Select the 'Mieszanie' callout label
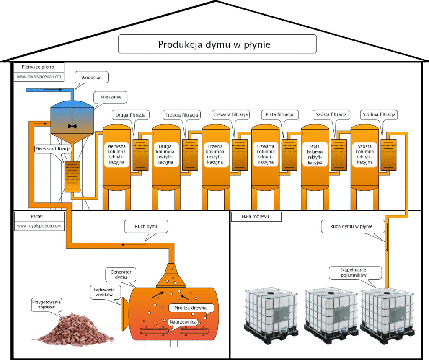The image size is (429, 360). pyautogui.click(x=111, y=97)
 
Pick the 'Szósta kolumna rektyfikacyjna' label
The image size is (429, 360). pyautogui.click(x=364, y=154)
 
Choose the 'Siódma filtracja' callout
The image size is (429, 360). pyautogui.click(x=378, y=114)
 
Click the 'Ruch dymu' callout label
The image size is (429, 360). pyautogui.click(x=146, y=227)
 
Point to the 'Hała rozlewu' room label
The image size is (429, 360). pyautogui.click(x=256, y=217)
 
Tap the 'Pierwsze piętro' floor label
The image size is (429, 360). pyautogui.click(x=39, y=67)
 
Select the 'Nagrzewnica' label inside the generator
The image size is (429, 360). pyautogui.click(x=184, y=322)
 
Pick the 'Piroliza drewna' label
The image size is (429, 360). pyautogui.click(x=194, y=308)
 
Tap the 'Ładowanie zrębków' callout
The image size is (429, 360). pyautogui.click(x=105, y=292)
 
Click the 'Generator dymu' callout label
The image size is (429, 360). pyautogui.click(x=121, y=275)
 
